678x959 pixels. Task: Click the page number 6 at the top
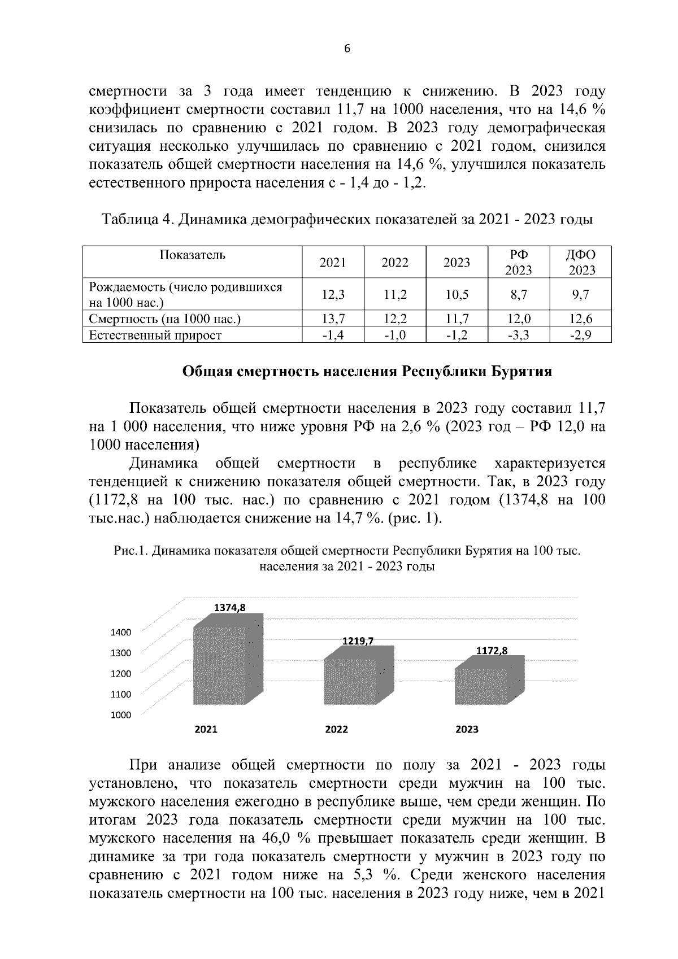(x=347, y=49)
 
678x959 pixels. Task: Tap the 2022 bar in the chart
(x=351, y=681)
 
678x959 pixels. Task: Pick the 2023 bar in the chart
(x=482, y=686)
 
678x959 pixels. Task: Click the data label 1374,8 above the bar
(x=229, y=607)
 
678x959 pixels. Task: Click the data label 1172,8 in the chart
(x=492, y=651)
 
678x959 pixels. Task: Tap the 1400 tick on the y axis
(x=120, y=632)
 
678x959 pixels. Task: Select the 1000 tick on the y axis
(x=120, y=715)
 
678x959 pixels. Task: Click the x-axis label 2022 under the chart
(x=337, y=729)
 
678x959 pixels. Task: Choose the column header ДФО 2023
(x=581, y=262)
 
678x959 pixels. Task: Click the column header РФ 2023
(x=519, y=262)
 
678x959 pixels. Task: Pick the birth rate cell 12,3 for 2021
(x=333, y=294)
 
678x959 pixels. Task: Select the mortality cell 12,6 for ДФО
(x=581, y=319)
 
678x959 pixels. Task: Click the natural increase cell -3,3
(x=519, y=335)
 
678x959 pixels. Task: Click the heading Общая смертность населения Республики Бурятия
(x=367, y=372)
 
